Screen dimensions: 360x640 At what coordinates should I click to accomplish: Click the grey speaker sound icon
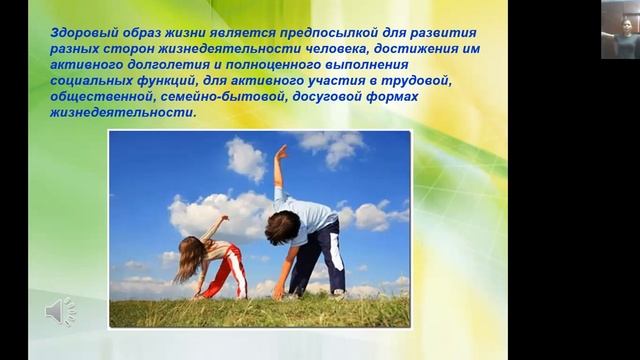61,312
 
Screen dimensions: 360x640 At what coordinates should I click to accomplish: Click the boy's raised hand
281,152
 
